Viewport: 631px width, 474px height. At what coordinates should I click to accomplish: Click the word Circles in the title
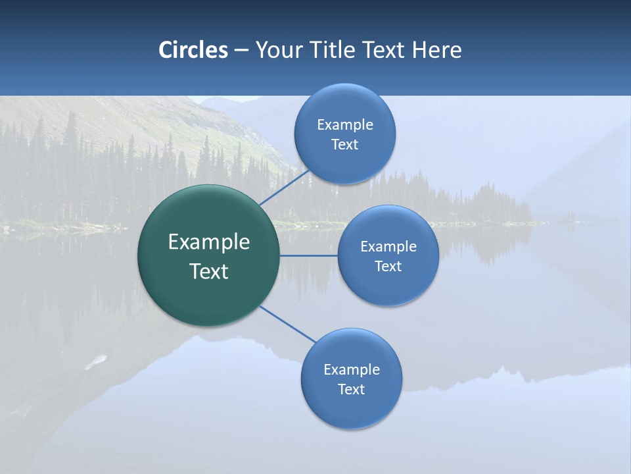coord(193,50)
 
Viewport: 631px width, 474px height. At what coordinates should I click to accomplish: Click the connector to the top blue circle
coord(284,188)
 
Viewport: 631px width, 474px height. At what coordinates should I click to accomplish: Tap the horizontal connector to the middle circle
coord(308,255)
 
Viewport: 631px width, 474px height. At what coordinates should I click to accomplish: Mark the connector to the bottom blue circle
coord(288,324)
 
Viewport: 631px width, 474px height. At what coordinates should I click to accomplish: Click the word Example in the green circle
coord(209,242)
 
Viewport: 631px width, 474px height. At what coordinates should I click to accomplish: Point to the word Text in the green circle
coord(209,271)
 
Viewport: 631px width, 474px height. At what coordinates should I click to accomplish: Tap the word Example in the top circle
coord(345,124)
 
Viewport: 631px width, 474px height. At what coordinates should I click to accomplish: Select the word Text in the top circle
coord(344,144)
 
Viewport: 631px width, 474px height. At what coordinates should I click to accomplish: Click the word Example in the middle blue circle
coord(388,246)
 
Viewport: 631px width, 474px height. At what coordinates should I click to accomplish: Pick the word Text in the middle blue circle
coord(388,266)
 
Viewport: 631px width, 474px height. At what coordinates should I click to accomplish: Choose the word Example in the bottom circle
coord(352,369)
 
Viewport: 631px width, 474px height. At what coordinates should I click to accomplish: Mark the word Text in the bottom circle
coord(351,389)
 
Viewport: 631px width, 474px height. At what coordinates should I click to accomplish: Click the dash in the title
coord(241,51)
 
